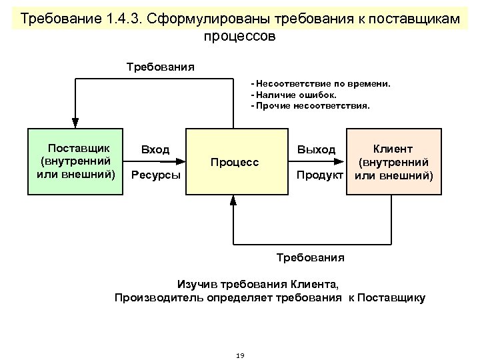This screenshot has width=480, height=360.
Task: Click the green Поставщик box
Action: pyautogui.click(x=75, y=161)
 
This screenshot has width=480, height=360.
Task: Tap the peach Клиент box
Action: pyautogui.click(x=393, y=161)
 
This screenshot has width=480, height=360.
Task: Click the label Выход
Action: pyautogui.click(x=316, y=149)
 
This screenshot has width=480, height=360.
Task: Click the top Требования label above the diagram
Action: pyautogui.click(x=161, y=67)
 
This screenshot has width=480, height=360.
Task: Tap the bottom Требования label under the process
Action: pyautogui.click(x=309, y=257)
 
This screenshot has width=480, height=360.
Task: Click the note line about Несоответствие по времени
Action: pyautogui.click(x=321, y=85)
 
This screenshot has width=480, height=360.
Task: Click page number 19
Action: pyautogui.click(x=240, y=355)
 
